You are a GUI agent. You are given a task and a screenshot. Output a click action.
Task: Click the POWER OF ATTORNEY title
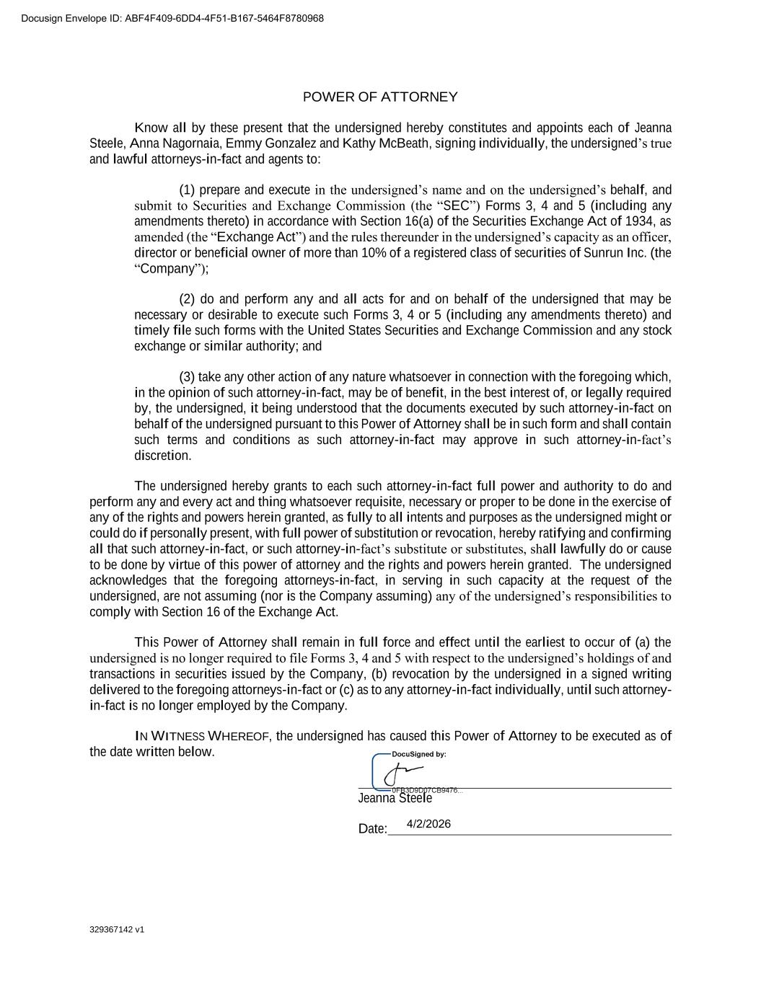click(x=379, y=97)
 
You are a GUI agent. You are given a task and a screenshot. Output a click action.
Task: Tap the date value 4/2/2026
click(x=428, y=824)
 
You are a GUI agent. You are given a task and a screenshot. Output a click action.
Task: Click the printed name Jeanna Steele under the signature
click(x=395, y=799)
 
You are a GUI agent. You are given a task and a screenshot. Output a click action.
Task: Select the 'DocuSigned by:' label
click(x=418, y=754)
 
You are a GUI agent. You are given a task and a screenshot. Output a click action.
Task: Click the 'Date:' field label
click(x=372, y=829)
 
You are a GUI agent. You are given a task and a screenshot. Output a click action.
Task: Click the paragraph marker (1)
click(x=187, y=190)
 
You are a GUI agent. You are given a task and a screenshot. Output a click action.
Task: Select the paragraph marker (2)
click(x=187, y=299)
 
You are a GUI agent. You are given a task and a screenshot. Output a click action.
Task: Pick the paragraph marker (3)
click(x=187, y=377)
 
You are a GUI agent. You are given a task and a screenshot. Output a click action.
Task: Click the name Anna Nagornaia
click(x=175, y=143)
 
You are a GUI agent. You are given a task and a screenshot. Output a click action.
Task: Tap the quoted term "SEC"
click(x=458, y=206)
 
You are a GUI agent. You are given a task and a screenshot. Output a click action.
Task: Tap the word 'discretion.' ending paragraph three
click(x=163, y=456)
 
